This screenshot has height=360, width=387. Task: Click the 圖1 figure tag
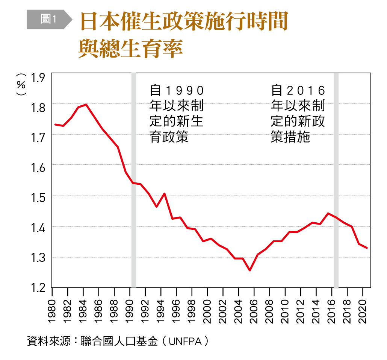tap(48, 20)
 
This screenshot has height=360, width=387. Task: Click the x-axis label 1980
tap(52, 311)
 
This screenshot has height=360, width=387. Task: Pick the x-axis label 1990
tap(130, 311)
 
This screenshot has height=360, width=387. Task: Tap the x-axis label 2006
tap(254, 311)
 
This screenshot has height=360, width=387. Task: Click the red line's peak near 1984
tap(86, 105)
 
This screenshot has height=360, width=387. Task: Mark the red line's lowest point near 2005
tap(249, 270)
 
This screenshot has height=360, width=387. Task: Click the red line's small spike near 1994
tap(164, 194)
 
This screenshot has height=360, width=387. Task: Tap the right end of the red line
tap(367, 248)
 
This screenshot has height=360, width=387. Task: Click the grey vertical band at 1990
tap(133, 181)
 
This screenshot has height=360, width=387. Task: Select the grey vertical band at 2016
tap(336, 181)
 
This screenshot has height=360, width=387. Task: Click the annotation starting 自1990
tap(177, 114)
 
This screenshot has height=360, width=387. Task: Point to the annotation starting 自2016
tap(298, 114)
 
